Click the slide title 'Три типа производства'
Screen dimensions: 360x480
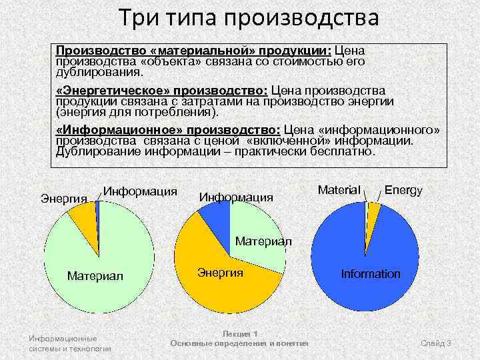248,17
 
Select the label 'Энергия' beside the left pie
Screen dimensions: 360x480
64,199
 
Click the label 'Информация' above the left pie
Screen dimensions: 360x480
140,192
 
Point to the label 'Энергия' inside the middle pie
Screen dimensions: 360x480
221,273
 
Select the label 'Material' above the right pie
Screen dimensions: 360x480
339,190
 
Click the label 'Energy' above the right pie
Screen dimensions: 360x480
403,190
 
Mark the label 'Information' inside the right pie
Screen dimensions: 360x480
371,274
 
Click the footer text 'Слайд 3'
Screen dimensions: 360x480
436,343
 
